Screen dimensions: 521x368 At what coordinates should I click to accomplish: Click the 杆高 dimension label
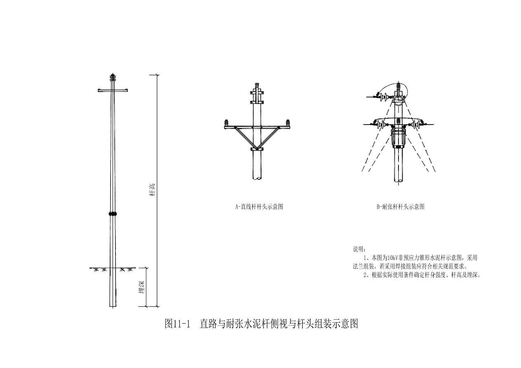pyautogui.click(x=152, y=190)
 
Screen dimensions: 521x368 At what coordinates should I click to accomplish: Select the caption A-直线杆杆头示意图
pyautogui.click(x=259, y=207)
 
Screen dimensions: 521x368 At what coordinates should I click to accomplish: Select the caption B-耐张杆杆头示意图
pyautogui.click(x=400, y=207)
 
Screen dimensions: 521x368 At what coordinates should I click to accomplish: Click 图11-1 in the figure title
pyautogui.click(x=177, y=324)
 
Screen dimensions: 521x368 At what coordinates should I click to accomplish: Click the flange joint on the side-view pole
pyautogui.click(x=113, y=214)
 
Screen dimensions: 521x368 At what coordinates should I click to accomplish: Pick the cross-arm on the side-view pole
pyautogui.click(x=113, y=90)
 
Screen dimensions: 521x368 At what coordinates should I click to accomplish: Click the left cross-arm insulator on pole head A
pyautogui.click(x=226, y=123)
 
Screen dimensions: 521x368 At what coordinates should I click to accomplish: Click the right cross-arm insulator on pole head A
pyautogui.click(x=288, y=123)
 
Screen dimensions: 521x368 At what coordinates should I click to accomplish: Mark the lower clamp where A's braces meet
pyautogui.click(x=257, y=149)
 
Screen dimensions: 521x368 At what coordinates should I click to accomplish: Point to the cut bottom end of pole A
pyautogui.click(x=257, y=178)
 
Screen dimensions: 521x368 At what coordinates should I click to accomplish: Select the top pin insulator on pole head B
pyautogui.click(x=398, y=88)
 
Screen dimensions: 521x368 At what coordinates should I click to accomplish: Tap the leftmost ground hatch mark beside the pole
pyautogui.click(x=96, y=269)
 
